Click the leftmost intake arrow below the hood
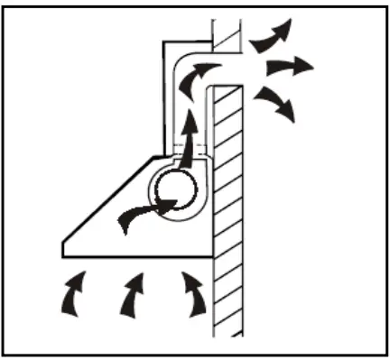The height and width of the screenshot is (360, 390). coord(70,296)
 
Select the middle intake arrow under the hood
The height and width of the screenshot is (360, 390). coord(132,296)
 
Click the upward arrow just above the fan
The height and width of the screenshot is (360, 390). coord(188,135)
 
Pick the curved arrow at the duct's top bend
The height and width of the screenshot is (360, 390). coord(193,82)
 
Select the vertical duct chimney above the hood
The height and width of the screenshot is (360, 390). coord(181,108)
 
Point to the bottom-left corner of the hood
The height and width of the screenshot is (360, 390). coord(62,255)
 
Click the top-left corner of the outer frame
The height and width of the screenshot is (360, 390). coord(5,5)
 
